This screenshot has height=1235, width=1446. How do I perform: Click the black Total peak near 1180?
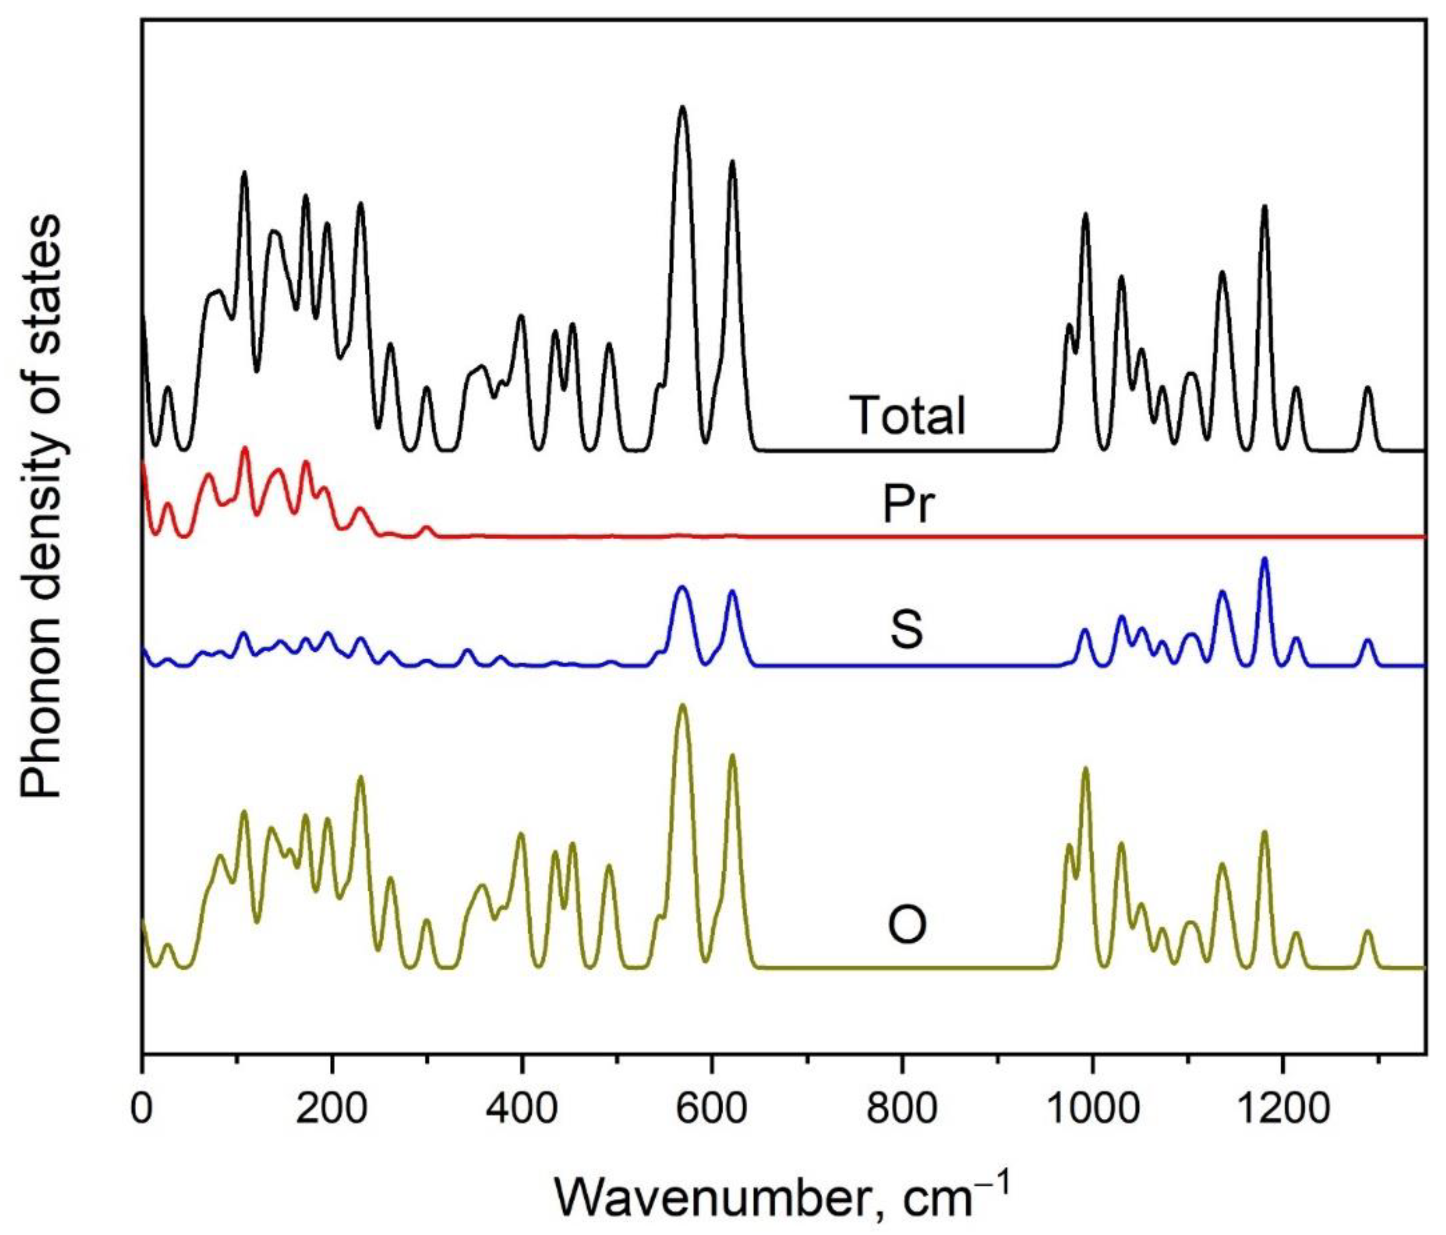click(1264, 207)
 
